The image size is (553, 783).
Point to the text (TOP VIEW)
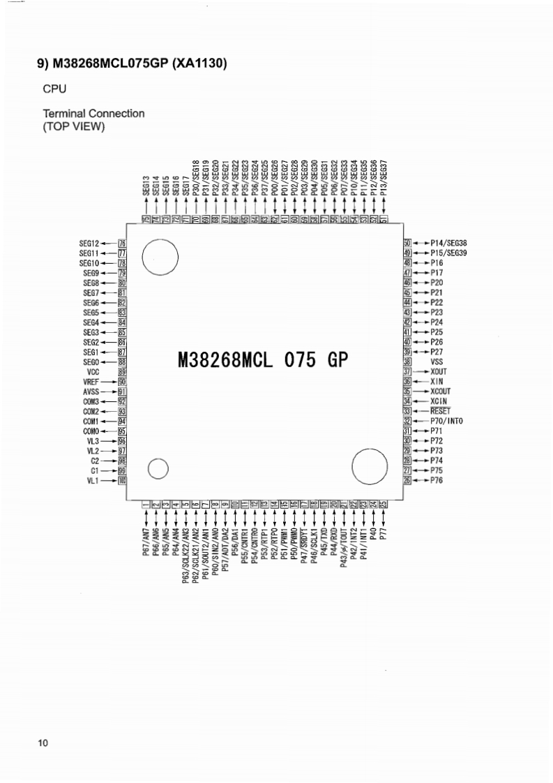[74, 126]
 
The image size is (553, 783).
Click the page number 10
[43, 743]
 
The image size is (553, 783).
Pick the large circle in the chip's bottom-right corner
[369, 465]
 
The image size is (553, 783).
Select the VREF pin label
[91, 382]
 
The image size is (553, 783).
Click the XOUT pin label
[439, 372]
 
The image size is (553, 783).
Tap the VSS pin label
[437, 362]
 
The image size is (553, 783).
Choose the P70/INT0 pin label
[447, 421]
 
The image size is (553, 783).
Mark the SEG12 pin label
[90, 243]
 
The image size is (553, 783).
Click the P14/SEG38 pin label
[449, 243]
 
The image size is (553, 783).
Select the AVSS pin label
[91, 391]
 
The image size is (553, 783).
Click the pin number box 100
[122, 481]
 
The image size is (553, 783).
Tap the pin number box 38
[407, 362]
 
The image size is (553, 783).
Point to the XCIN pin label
[439, 401]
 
